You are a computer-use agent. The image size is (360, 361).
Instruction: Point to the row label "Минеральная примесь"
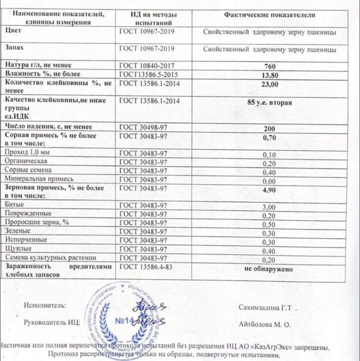[x=35, y=178]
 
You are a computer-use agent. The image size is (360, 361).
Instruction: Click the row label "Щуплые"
[x=17, y=249]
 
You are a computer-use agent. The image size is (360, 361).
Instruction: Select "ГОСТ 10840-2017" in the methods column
[x=143, y=66]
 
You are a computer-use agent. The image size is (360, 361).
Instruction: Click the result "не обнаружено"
[x=269, y=269]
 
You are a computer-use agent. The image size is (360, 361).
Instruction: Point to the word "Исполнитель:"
[x=45, y=305]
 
